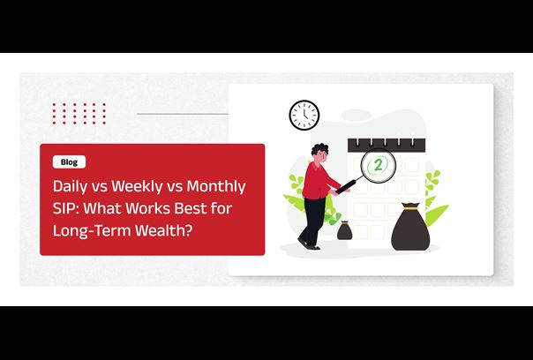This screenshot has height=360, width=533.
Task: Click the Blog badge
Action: [69, 162]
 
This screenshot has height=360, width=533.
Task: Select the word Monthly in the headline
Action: [216, 187]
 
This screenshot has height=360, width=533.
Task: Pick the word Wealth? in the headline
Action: [164, 230]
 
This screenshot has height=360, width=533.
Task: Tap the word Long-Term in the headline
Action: [92, 230]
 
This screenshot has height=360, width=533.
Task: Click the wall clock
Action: [304, 115]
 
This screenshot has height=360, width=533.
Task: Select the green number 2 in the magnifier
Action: [378, 166]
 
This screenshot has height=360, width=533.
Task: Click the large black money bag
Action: [410, 227]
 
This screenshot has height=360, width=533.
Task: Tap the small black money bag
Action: [344, 230]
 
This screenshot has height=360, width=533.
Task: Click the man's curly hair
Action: [319, 149]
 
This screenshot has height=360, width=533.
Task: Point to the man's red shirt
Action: [317, 181]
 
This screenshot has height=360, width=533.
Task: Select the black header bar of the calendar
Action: [387, 145]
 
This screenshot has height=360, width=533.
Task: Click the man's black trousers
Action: [313, 221]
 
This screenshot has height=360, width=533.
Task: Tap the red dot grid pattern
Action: [79, 114]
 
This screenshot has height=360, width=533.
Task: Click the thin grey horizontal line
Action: [183, 114]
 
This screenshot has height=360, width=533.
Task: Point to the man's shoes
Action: [309, 244]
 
